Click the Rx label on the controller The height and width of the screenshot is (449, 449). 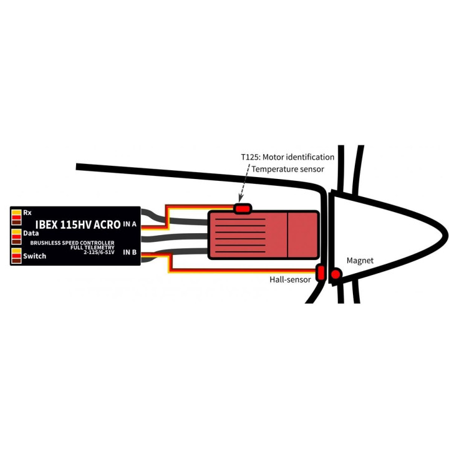pyautogui.click(x=27, y=213)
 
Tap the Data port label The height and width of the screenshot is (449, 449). pyautogui.click(x=31, y=233)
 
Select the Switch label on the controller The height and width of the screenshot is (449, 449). pyautogui.click(x=35, y=256)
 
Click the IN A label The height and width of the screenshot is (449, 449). pyautogui.click(x=130, y=224)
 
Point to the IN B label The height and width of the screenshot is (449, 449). pyautogui.click(x=130, y=253)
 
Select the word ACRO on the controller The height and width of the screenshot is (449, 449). pyautogui.click(x=107, y=224)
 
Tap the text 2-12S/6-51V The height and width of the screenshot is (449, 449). pyautogui.click(x=99, y=253)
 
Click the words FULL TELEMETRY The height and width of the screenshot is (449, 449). pyautogui.click(x=92, y=248)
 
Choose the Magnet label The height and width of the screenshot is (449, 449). pyautogui.click(x=360, y=261)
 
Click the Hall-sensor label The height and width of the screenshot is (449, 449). pyautogui.click(x=290, y=279)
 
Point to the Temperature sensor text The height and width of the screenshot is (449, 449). pyautogui.click(x=287, y=169)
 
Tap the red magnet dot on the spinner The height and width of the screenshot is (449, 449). pyautogui.click(x=336, y=274)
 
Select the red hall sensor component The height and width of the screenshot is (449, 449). pyautogui.click(x=321, y=273)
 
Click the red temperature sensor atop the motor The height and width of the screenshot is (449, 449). pyautogui.click(x=243, y=209)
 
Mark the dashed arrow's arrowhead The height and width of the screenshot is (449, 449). pyautogui.click(x=241, y=199)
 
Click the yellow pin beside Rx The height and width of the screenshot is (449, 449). pyautogui.click(x=16, y=212)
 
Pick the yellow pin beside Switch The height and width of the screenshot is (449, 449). pyautogui.click(x=16, y=251)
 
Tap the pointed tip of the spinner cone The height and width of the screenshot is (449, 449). pyautogui.click(x=446, y=235)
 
